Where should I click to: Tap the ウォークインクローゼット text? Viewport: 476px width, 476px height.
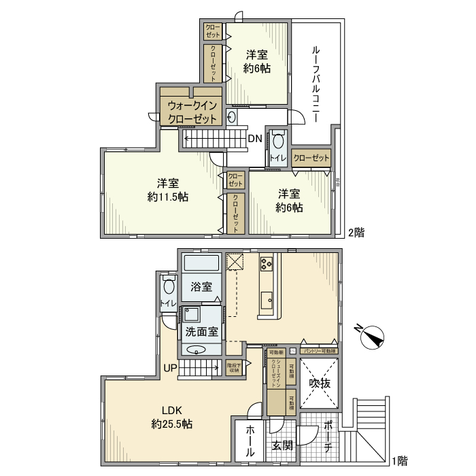[192, 112]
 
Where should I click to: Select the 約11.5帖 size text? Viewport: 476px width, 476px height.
[168, 197]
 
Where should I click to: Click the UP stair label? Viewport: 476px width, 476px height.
[170, 369]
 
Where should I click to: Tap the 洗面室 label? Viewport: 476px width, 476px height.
[202, 332]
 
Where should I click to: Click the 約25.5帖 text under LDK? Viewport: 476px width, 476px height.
[171, 424]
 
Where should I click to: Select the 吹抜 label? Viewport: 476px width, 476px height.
[320, 384]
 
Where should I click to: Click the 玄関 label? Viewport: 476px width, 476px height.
[283, 446]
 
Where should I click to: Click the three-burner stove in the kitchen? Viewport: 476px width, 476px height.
[265, 263]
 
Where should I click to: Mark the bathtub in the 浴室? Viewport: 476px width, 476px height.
[202, 263]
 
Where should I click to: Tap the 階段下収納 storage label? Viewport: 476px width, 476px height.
[235, 367]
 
